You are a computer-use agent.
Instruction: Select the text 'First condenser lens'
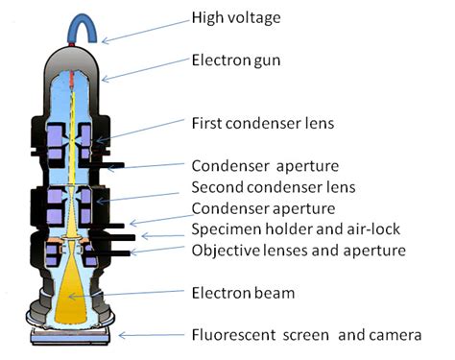tap(263, 124)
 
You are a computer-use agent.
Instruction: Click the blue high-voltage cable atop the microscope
tap(80, 28)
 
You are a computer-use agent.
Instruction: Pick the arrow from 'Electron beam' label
tap(143, 293)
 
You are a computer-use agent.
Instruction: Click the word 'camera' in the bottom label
tap(394, 335)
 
